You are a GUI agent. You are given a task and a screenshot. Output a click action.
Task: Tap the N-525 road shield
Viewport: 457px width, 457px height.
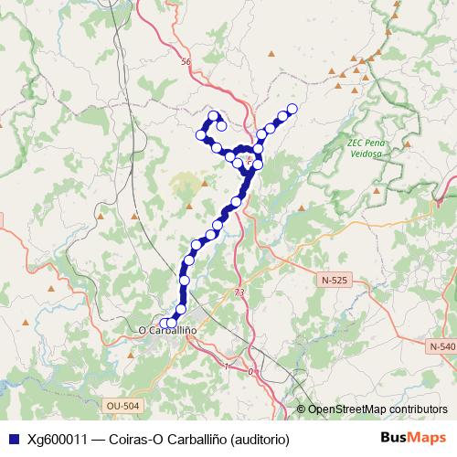(334, 279)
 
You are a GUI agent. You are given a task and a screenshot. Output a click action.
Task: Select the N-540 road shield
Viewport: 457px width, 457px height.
(440, 346)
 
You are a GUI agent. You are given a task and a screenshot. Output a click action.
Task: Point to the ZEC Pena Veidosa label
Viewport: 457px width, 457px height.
(367, 148)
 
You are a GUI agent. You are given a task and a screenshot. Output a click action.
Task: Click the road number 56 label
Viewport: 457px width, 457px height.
(186, 61)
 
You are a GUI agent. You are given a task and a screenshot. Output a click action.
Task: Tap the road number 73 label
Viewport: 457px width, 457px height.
(239, 292)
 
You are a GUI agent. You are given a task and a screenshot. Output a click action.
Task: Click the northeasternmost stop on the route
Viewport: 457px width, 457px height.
(292, 109)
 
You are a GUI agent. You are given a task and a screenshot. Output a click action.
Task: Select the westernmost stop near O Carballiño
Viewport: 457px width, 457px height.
(165, 323)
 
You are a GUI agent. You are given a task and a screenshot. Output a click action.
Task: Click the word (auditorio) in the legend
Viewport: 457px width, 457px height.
(261, 438)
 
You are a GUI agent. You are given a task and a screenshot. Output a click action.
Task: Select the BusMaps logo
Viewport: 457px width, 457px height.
(412, 437)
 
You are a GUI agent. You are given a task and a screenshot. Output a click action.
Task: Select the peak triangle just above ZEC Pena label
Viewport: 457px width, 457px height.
(364, 128)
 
